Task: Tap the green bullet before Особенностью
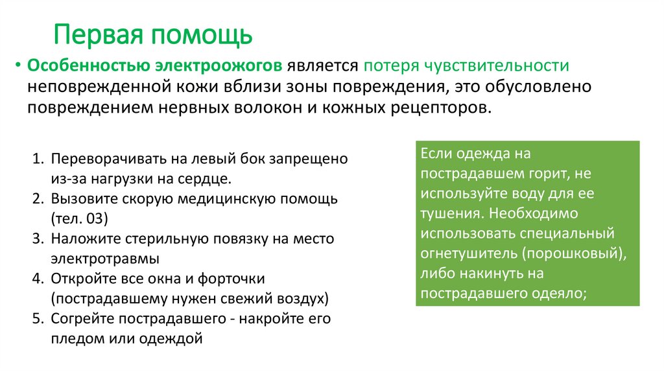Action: (x=18, y=66)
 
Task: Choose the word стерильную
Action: (x=153, y=238)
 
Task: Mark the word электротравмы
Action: (x=106, y=258)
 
